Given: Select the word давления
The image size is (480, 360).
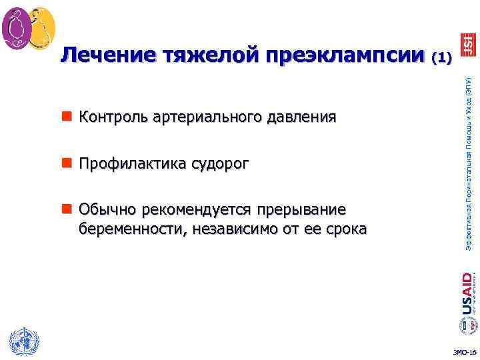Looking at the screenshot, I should pos(301,118).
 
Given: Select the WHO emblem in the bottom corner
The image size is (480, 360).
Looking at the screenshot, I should pos(24,342).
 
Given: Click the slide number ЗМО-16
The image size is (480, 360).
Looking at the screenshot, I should pos(464,352).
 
